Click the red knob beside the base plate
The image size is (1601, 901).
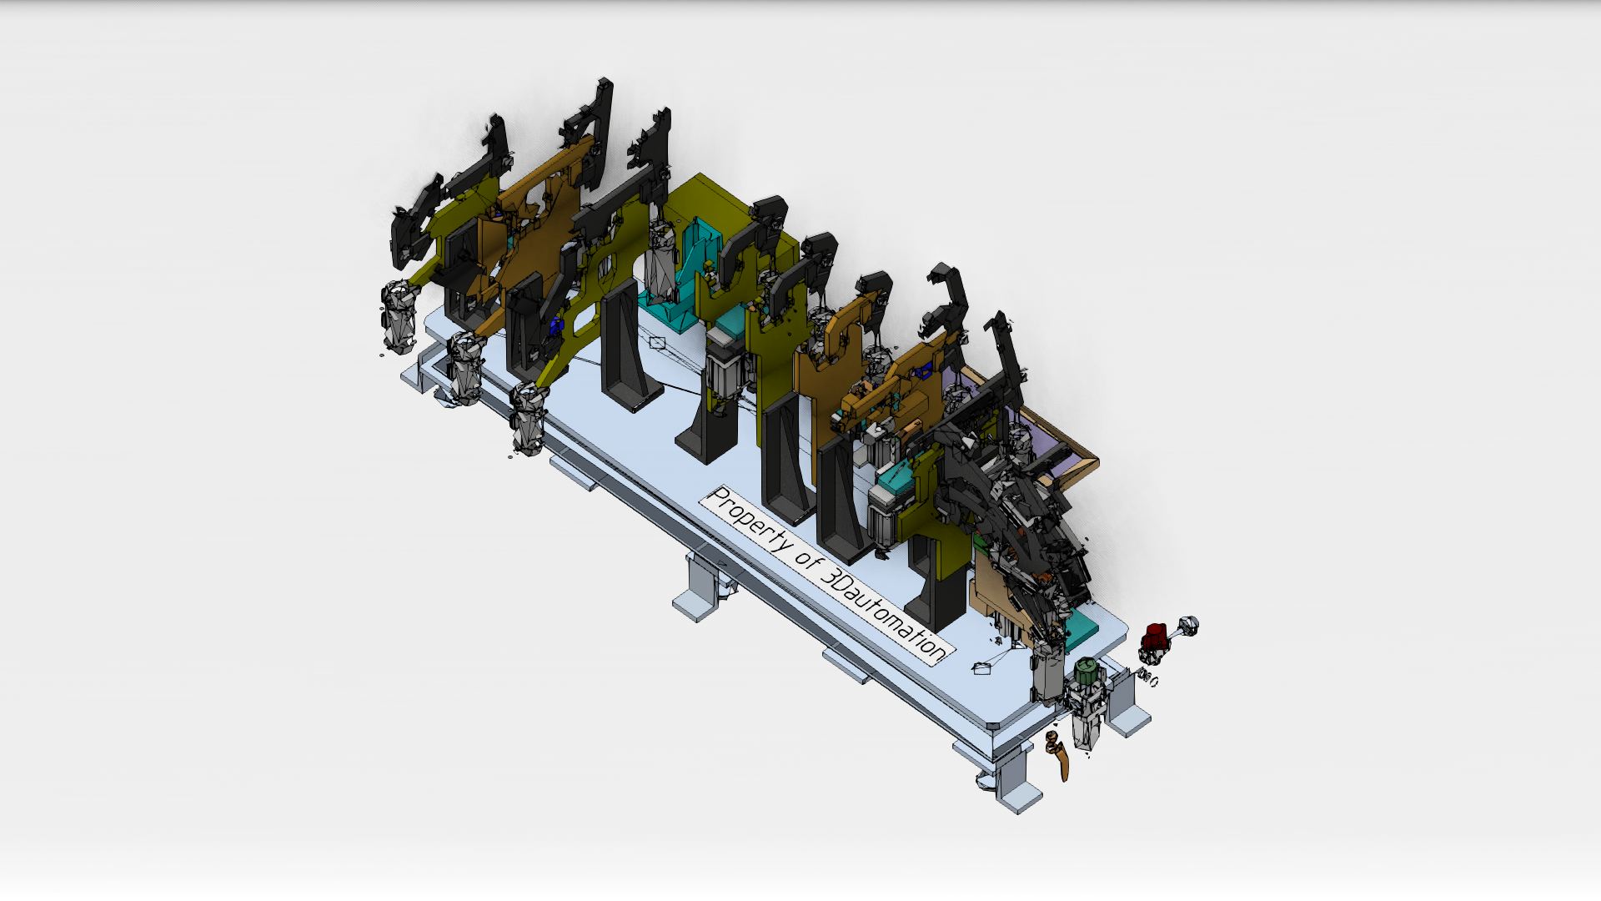(x=1154, y=638)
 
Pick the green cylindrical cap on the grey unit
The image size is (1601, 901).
(x=1086, y=672)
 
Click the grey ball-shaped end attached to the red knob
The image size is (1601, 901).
(x=1188, y=625)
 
